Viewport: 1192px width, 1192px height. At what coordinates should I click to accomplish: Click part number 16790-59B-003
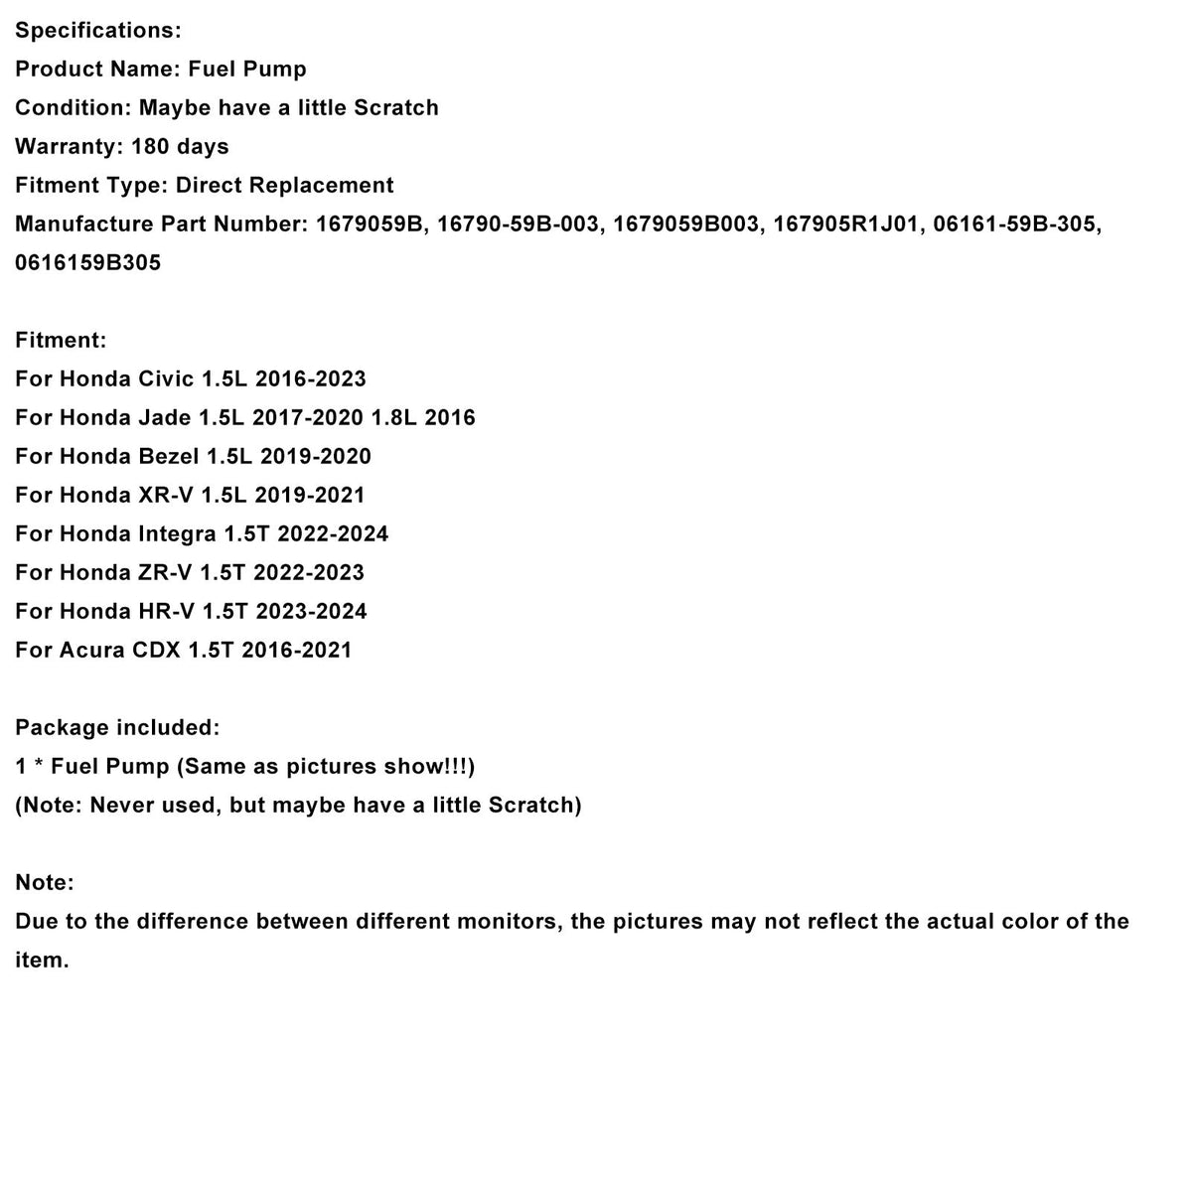click(518, 224)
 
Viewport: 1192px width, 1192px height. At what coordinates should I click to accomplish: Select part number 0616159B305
click(87, 263)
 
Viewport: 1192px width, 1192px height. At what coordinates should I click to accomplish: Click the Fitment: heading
click(61, 341)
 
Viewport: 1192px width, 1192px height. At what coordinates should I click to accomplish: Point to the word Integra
click(176, 534)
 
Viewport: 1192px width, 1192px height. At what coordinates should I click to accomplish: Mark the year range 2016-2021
click(296, 651)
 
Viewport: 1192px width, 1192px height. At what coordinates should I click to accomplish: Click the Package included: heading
click(117, 728)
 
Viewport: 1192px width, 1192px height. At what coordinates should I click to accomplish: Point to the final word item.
click(42, 961)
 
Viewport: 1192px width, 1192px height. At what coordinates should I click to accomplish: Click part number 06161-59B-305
click(1017, 224)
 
